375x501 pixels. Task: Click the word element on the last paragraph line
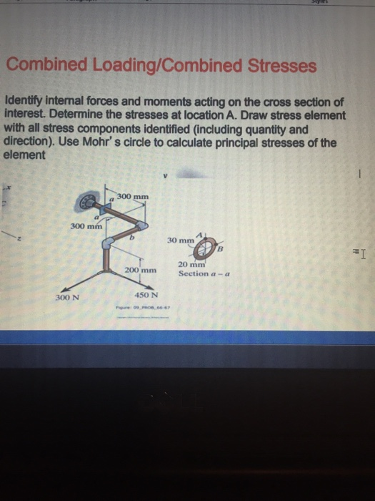pos(25,154)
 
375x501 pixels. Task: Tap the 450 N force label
pos(145,295)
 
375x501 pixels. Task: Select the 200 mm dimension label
pos(140,271)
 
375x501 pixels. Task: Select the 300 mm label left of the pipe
pos(86,226)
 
